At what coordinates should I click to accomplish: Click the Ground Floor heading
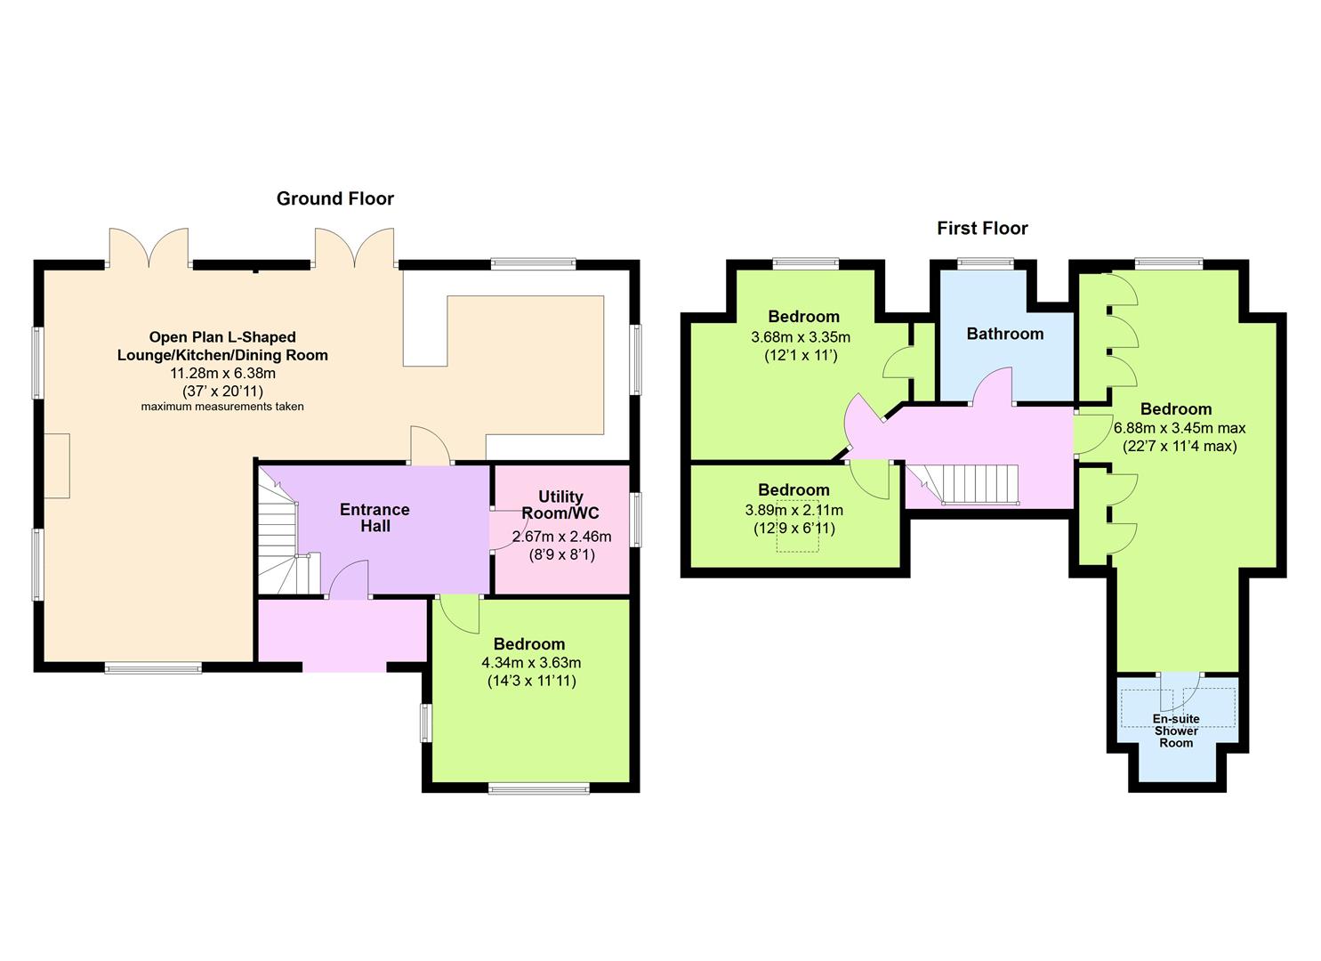335,198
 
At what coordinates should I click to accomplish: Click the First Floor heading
982,229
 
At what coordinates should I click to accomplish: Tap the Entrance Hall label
375,517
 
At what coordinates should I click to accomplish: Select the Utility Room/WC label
560,505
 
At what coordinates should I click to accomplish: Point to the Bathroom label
1005,334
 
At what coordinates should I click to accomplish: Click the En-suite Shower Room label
1176,731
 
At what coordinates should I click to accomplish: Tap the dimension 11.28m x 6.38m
223,374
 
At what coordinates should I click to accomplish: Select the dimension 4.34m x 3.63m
531,663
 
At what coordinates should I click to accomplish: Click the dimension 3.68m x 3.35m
801,337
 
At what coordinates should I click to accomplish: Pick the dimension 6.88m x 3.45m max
1180,428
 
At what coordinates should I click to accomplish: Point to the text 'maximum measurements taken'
222,407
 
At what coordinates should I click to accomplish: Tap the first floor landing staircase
963,484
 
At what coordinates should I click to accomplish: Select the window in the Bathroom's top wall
985,263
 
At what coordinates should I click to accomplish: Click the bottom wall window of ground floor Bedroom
539,788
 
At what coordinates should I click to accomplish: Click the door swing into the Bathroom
993,386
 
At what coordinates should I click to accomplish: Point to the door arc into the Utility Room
508,530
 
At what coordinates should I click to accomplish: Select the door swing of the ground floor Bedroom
459,614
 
